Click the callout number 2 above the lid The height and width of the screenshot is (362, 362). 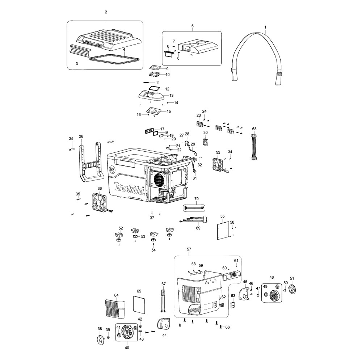(106, 12)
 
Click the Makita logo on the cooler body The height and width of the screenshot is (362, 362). (129, 189)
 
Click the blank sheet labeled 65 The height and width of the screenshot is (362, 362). (139, 304)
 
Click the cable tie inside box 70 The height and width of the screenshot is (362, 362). (194, 208)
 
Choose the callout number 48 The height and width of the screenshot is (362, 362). (271, 277)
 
